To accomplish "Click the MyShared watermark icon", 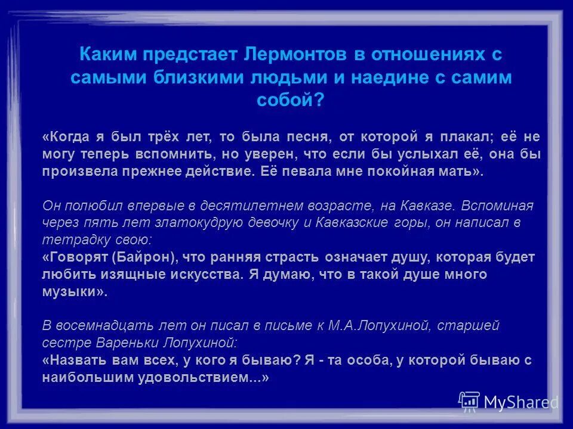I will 469,402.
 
